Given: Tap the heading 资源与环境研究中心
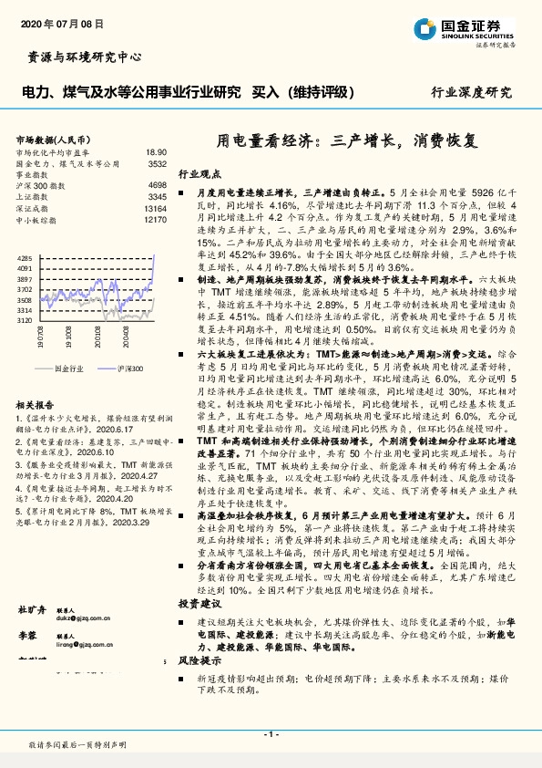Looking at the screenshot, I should pyautogui.click(x=80, y=57).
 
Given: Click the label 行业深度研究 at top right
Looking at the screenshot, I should pyautogui.click(x=471, y=93).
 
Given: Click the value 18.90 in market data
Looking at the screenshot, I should pyautogui.click(x=156, y=152).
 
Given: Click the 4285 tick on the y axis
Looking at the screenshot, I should pyautogui.click(x=25, y=259).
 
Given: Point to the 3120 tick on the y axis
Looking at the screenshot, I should pyautogui.click(x=25, y=320).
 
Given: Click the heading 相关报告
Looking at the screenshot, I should pyautogui.click(x=37, y=403).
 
